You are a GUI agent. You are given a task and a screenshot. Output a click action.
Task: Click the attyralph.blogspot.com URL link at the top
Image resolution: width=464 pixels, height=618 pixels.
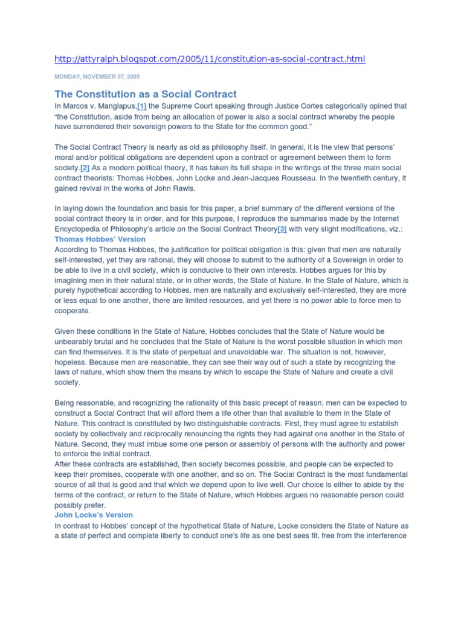point(210,59)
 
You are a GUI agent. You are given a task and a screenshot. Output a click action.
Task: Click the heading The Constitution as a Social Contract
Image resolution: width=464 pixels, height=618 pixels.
point(146,94)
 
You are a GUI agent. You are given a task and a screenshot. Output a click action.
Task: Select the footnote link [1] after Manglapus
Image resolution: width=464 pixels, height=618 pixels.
point(141,106)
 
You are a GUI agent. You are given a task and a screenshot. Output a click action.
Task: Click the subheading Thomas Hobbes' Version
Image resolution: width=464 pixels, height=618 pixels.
point(100,239)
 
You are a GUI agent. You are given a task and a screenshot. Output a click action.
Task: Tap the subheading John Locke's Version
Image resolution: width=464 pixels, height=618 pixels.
point(94,515)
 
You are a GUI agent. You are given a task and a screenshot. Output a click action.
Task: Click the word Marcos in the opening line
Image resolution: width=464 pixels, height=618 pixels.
point(77,106)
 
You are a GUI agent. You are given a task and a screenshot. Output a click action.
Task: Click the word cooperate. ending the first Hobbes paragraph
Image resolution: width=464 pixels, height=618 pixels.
point(72,311)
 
